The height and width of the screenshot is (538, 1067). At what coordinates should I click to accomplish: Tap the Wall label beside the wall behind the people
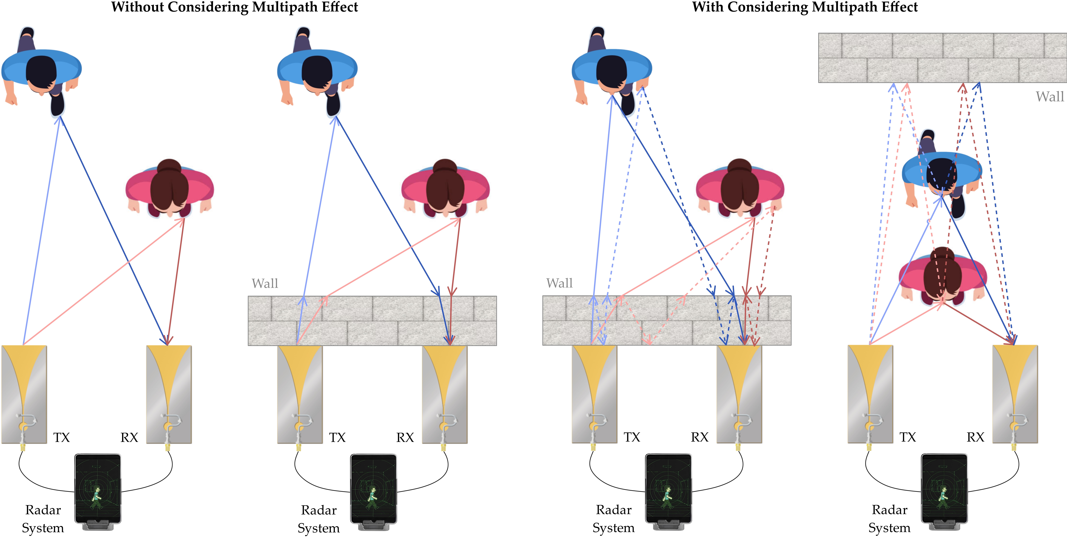pyautogui.click(x=1049, y=97)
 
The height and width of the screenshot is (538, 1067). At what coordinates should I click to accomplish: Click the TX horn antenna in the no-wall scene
pyautogui.click(x=24, y=394)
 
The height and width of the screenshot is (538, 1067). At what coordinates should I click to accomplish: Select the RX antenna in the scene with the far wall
pyautogui.click(x=1015, y=394)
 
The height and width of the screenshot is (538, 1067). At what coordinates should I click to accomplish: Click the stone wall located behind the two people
pyautogui.click(x=942, y=58)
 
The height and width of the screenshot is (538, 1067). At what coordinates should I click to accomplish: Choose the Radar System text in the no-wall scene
pyautogui.click(x=43, y=519)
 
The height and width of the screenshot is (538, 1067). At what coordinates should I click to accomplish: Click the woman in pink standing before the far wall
pyautogui.click(x=942, y=276)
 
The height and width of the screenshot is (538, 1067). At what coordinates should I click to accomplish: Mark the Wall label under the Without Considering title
pyautogui.click(x=265, y=284)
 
